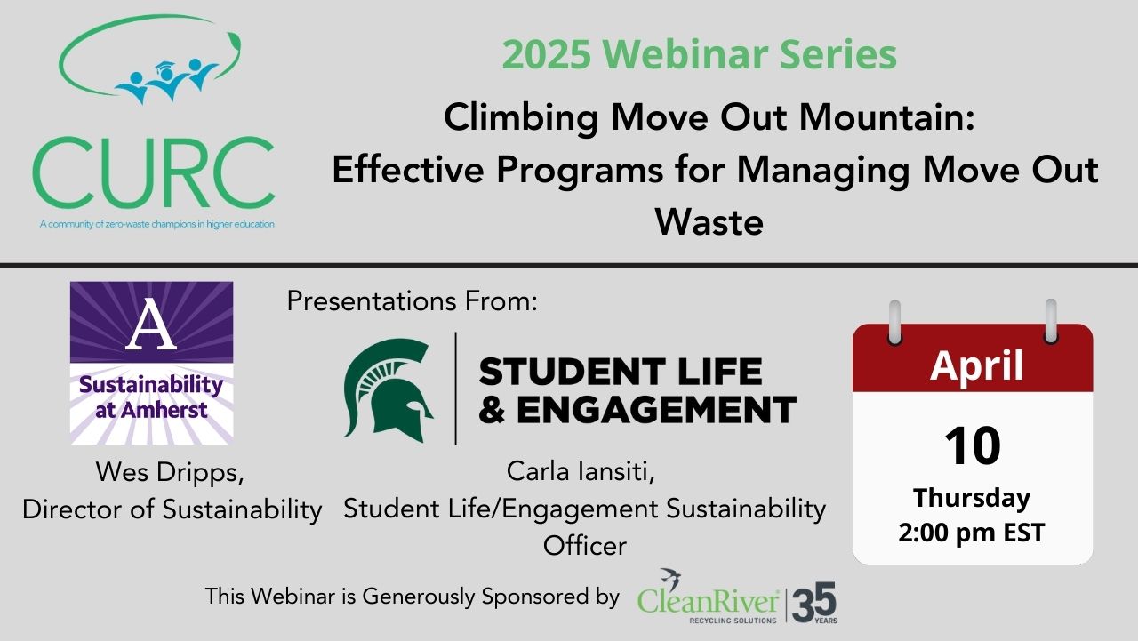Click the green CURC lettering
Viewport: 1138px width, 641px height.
coord(154,172)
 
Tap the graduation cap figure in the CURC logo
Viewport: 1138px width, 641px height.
coord(166,80)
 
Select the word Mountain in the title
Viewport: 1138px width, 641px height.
coord(887,117)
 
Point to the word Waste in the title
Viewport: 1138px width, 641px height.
coord(709,222)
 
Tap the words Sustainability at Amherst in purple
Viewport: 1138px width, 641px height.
coord(151,397)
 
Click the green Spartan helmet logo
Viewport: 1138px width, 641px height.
coord(389,389)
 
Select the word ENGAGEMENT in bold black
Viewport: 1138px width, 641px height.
coord(656,410)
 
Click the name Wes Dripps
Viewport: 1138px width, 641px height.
coord(170,472)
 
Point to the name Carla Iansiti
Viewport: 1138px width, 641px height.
coord(581,471)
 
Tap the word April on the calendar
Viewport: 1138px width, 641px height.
coord(976,365)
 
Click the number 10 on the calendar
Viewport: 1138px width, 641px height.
coord(973,445)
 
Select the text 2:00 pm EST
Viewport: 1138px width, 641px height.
coord(972,533)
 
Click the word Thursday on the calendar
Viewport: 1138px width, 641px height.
coord(972,497)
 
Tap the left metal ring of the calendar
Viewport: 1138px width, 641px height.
coord(895,323)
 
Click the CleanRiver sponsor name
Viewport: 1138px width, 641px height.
coord(709,602)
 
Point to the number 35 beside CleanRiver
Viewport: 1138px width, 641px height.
coord(813,602)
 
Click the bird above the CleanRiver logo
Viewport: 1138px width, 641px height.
coord(670,579)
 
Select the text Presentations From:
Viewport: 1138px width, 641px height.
coord(412,301)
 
